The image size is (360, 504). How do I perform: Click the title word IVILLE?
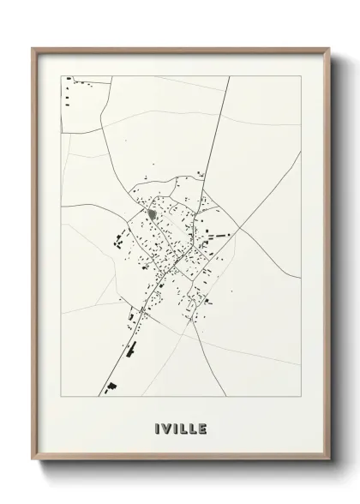pos(181,427)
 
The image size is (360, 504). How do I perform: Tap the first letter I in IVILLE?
pos(158,427)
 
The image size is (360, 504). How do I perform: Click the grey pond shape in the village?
pos(151,213)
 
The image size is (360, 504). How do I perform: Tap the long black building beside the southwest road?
pos(131,349)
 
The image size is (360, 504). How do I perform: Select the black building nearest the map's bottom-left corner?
pos(111,388)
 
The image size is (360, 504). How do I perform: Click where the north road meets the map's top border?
pos(229,76)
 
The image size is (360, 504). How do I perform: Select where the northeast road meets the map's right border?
pos(300,181)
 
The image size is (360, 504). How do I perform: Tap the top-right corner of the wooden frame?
pos(329,49)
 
